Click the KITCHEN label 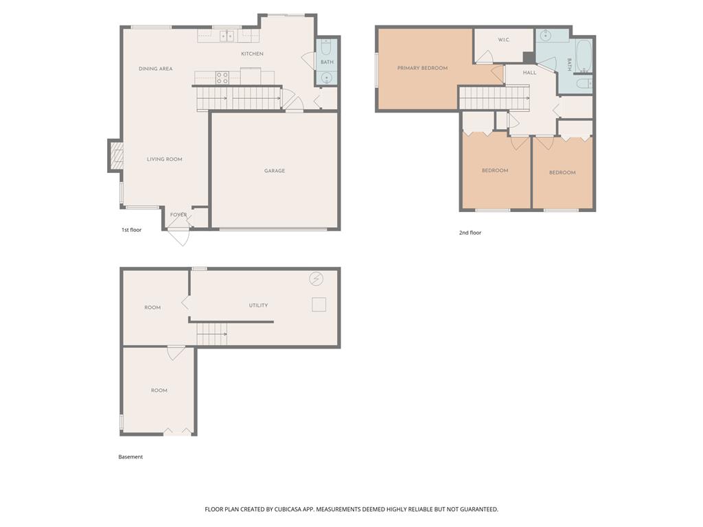coord(252,54)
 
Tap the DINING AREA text coord(156,69)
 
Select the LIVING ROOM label coord(165,159)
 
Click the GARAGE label coord(275,171)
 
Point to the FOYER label coord(178,215)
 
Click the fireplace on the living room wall coord(116,156)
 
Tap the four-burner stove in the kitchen coord(222,78)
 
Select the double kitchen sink coord(227,36)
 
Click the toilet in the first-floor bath coord(326,47)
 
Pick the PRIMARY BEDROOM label coord(422,68)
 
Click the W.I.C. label coord(504,40)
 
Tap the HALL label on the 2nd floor coord(529,73)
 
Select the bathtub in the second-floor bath coord(584,56)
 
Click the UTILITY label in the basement coord(258,305)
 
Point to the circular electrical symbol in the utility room coord(316,279)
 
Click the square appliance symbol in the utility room coord(319,305)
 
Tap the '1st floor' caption coord(131,230)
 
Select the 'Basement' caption coord(130,456)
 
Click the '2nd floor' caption coord(470,233)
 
